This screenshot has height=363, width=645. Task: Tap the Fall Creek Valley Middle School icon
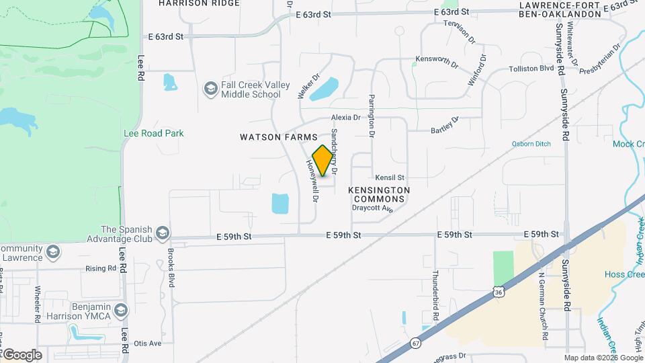coord(210,89)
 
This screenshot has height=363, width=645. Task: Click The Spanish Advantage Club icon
coord(161,233)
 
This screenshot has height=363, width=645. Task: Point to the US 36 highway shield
coord(497,291)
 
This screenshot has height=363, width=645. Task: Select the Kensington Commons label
coord(379,194)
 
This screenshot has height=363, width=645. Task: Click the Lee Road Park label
coord(154,133)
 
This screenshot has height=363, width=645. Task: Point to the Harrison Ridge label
coord(199,3)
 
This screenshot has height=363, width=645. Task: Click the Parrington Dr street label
coord(370,116)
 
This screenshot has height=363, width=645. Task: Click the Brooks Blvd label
coord(171,266)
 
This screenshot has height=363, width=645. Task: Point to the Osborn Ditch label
coord(531,143)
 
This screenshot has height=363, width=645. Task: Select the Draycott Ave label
coord(372,208)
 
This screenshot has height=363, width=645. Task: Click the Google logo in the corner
coord(21,354)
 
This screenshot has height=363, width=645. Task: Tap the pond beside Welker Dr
coord(324,88)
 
